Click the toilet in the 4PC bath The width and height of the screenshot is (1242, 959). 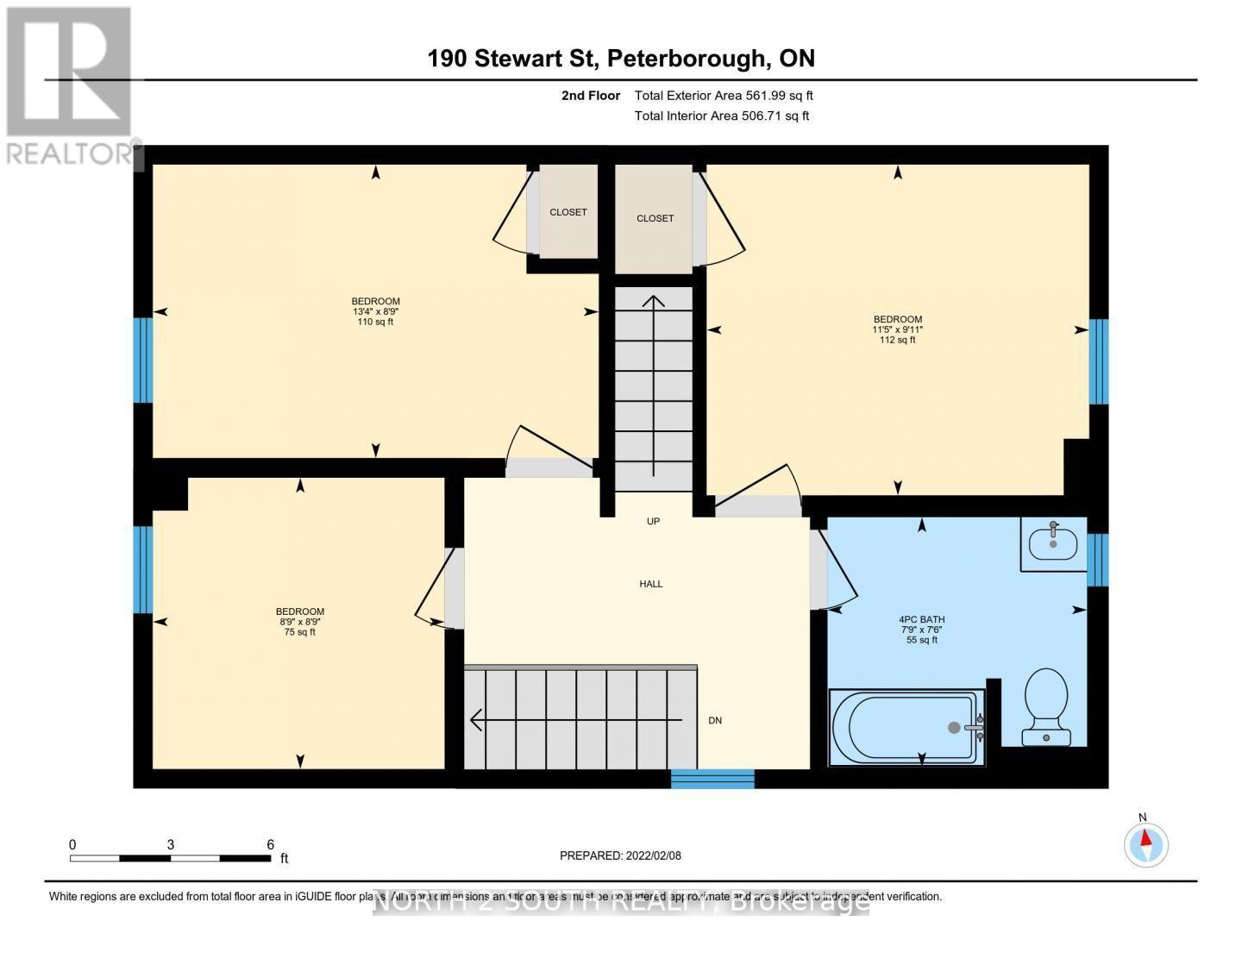1046,706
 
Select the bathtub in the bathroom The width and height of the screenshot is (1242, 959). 906,727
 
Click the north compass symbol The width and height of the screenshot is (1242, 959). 1145,843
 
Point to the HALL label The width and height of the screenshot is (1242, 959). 651,584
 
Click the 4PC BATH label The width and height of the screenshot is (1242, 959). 921,619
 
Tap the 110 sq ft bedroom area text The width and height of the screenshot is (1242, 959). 375,322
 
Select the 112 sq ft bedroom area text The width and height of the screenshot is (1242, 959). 897,340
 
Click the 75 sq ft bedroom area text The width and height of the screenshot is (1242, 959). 300,632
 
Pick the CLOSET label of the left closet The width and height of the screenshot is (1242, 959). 568,212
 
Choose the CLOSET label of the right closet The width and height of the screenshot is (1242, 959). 655,218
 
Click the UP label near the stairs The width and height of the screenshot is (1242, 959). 653,521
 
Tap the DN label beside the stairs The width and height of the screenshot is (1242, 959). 715,720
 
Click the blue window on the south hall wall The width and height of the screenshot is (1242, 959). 712,779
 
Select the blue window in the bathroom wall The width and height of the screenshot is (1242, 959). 1097,560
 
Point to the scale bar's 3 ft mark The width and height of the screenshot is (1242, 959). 171,846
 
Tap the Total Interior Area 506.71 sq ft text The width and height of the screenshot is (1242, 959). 722,116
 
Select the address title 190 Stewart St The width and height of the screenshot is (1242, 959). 514,58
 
